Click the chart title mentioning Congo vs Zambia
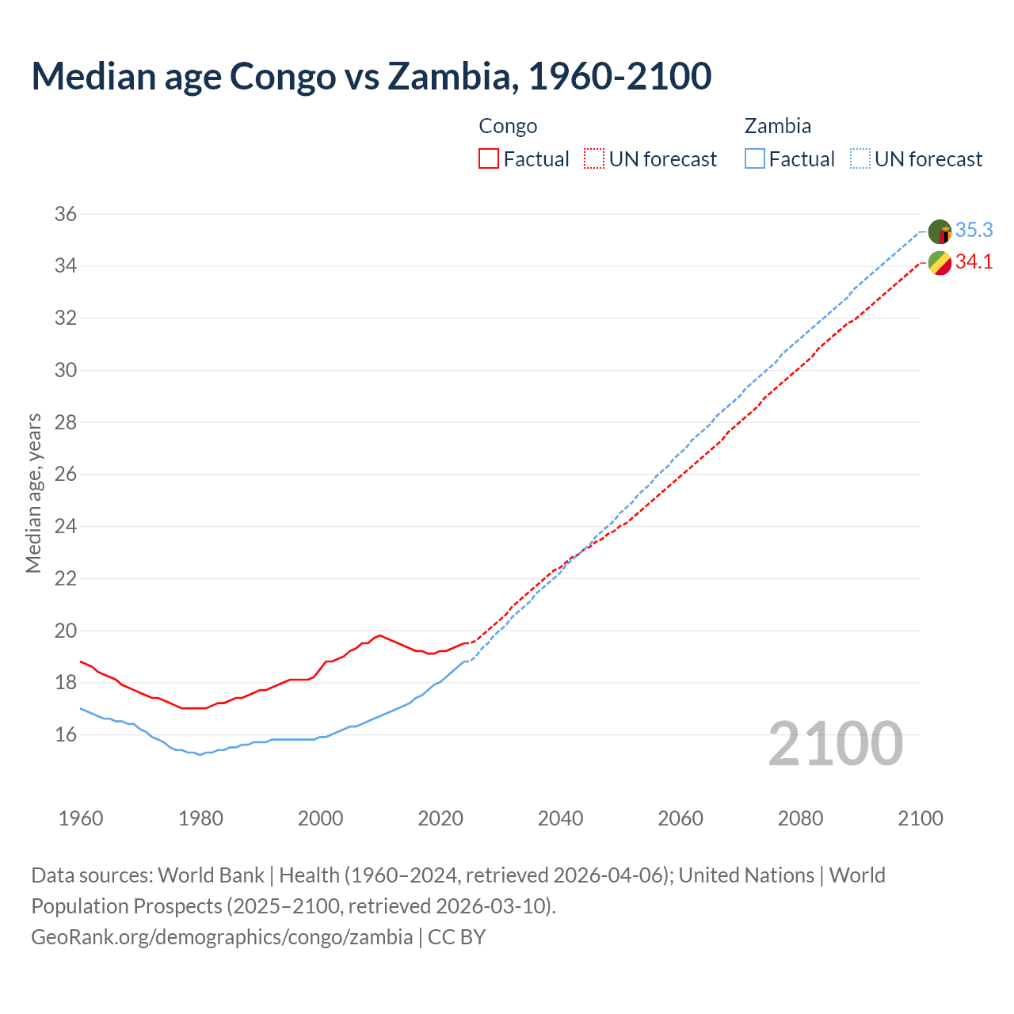[x=371, y=76]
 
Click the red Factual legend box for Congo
[x=489, y=158]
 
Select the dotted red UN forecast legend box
[x=594, y=158]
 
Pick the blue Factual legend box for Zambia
[x=755, y=158]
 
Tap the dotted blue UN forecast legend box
[x=860, y=158]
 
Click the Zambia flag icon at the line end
[x=940, y=231]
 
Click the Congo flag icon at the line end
[x=940, y=263]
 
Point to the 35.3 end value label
[x=974, y=230]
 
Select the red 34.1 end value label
[x=974, y=262]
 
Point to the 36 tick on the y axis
[x=65, y=214]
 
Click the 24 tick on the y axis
[x=65, y=526]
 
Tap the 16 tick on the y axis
[x=65, y=734]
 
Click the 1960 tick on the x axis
[x=81, y=818]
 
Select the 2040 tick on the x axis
[x=560, y=818]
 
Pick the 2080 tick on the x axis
[x=800, y=818]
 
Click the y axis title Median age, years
[x=33, y=493]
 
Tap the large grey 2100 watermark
[x=835, y=743]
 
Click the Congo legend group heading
[x=508, y=126]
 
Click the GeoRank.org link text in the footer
[x=222, y=936]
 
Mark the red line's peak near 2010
[x=379, y=635]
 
